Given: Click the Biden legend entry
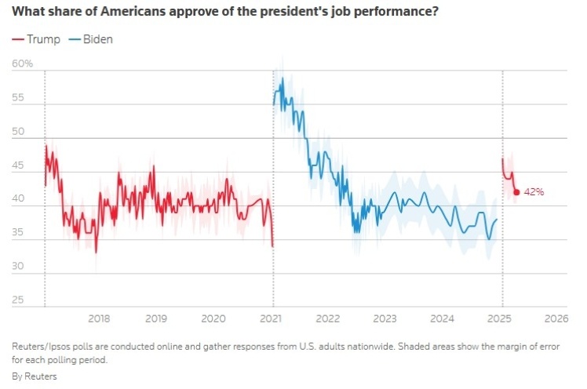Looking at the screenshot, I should (92, 39).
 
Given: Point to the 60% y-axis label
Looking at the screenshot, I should (23, 64).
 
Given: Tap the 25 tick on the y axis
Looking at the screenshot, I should (18, 300).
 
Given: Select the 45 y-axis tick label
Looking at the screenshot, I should (18, 166).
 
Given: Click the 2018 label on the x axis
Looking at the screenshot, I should (99, 318).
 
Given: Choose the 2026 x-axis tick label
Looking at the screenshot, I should (556, 318).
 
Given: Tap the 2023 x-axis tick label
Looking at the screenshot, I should (385, 318).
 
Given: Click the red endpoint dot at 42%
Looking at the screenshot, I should (516, 192).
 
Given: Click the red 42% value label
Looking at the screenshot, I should (534, 192).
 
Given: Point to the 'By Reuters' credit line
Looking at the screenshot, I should (35, 376).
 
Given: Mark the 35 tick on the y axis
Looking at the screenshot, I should (18, 234).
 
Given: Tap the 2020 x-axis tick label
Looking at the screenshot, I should (213, 318).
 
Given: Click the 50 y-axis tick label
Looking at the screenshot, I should (18, 133).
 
